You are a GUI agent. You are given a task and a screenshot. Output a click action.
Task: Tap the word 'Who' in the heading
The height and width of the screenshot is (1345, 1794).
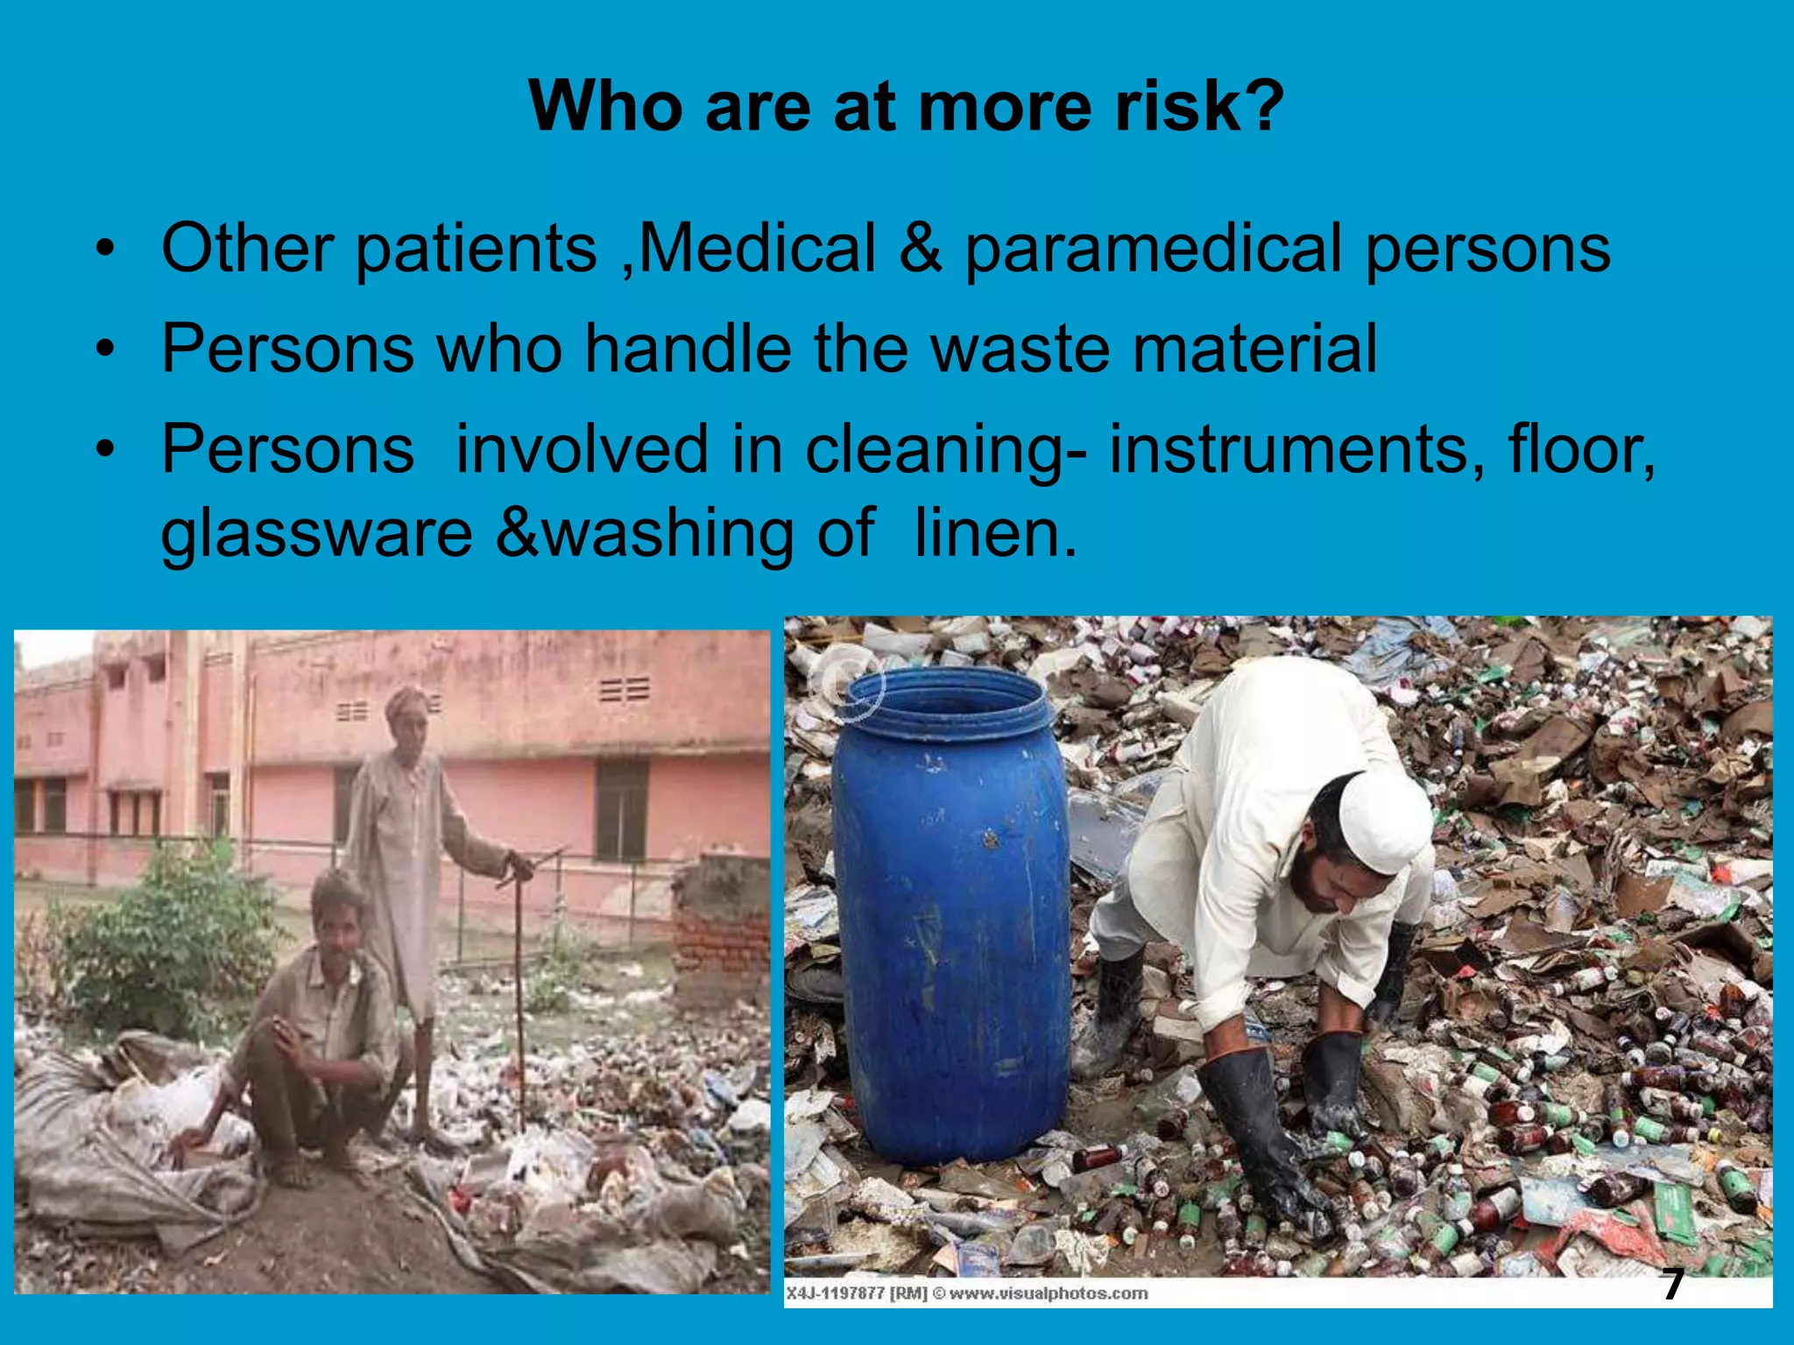(x=605, y=107)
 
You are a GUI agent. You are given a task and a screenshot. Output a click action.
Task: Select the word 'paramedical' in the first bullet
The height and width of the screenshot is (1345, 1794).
(x=1154, y=248)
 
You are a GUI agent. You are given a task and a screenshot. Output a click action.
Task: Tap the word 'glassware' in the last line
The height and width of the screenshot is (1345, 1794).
(x=316, y=534)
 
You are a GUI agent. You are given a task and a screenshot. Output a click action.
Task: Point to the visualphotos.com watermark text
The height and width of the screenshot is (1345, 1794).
(x=1048, y=1293)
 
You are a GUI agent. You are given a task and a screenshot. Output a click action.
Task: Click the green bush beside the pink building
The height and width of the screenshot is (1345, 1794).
(x=166, y=937)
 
